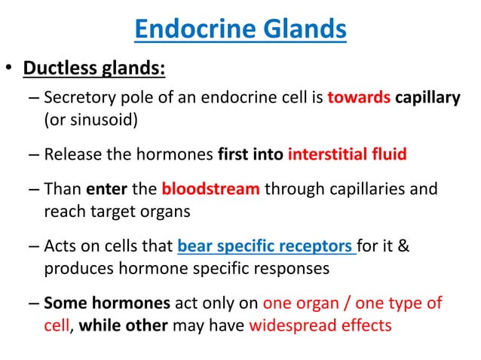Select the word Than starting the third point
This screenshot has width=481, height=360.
[x=63, y=188]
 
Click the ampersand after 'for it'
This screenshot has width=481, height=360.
[x=403, y=246]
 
